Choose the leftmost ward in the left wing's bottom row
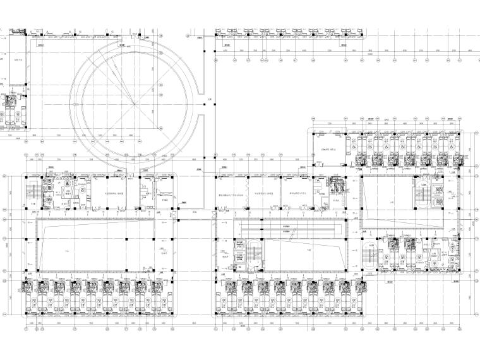tap(30, 297)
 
